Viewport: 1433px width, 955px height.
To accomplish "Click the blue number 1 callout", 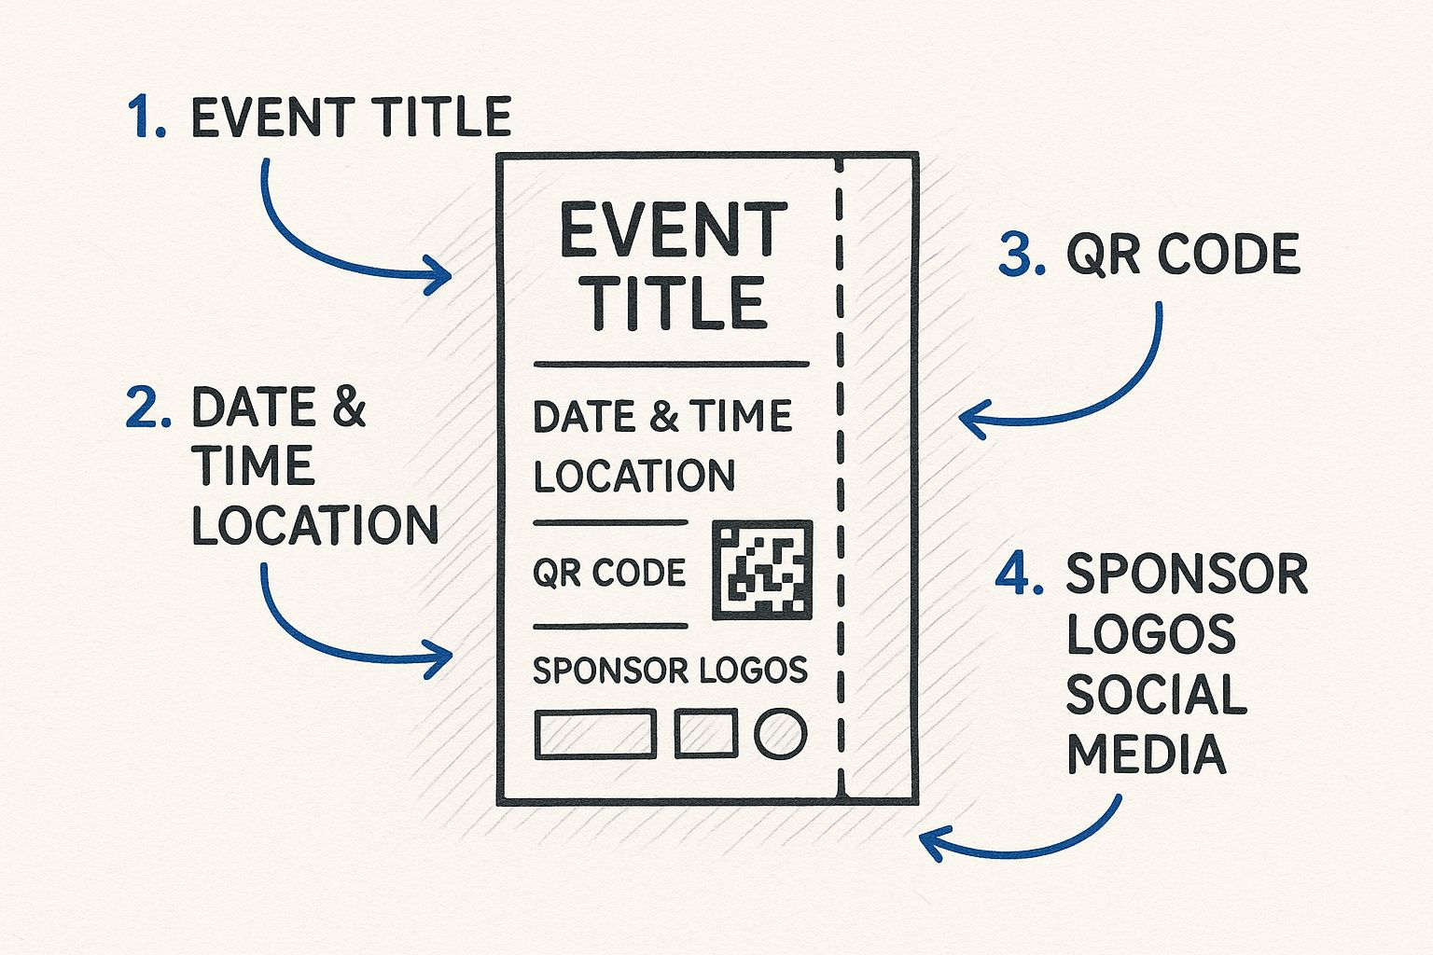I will (x=146, y=118).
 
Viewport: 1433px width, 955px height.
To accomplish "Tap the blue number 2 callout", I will (x=147, y=408).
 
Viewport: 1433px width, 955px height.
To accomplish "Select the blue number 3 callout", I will (x=1021, y=254).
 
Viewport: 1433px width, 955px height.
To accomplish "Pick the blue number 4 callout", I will (x=1019, y=573).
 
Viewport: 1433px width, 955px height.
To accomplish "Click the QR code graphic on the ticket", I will (x=761, y=570).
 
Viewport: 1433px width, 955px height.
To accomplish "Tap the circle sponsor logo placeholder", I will (x=780, y=734).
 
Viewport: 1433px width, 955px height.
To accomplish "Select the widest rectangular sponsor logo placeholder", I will (x=595, y=733).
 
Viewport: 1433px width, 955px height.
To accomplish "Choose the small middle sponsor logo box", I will (x=706, y=732).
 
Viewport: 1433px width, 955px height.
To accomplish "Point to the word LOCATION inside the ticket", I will (x=634, y=476).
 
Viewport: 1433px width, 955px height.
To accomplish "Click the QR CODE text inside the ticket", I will (x=609, y=572).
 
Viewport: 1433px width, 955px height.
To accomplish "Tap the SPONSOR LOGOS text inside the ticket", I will (x=670, y=670).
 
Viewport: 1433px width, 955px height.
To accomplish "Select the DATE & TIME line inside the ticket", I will (x=662, y=416).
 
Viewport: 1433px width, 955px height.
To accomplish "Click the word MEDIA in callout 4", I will (x=1146, y=754).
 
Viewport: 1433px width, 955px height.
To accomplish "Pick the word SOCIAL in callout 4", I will (x=1156, y=694).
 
